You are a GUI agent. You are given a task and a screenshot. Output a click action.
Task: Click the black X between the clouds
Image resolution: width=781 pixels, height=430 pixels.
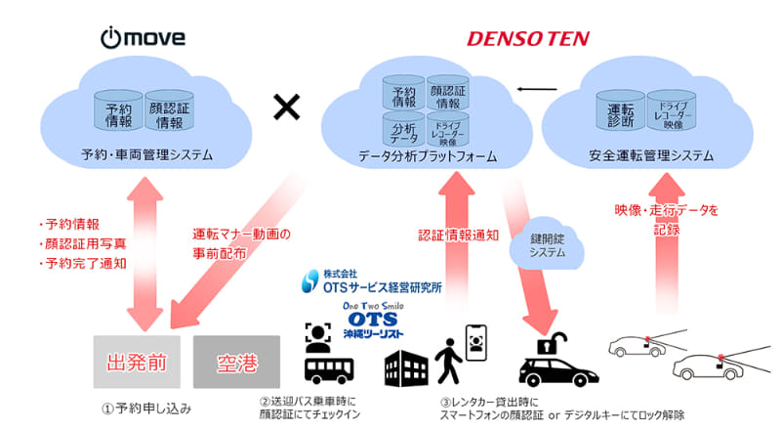pos(286,108)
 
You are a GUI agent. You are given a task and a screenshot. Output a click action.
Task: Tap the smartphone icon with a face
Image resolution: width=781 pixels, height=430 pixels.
pos(476,343)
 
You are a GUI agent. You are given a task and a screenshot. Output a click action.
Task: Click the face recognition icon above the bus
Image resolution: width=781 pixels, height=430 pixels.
pos(320,337)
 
